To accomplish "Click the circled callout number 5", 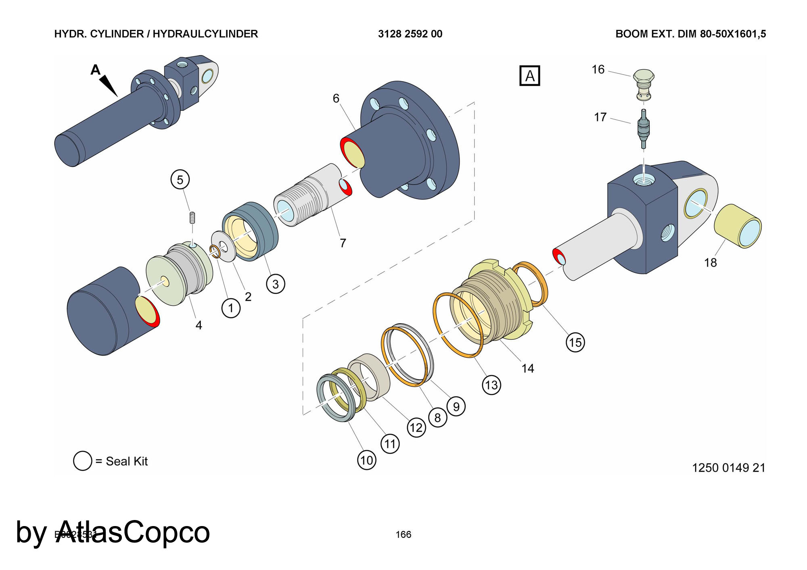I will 180,180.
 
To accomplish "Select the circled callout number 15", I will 575,342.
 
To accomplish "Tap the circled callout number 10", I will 366,460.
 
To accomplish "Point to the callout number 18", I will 710,263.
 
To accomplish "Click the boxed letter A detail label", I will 529,76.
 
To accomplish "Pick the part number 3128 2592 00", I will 410,34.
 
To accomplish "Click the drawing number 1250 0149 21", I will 728,468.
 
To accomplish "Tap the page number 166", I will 403,535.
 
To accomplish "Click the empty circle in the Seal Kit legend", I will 83,461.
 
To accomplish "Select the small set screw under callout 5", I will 192,218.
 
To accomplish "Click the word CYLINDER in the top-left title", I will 117,34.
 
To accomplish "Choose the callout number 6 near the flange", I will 336,98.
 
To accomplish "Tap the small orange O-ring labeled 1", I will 215,252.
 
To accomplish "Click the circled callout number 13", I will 491,385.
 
